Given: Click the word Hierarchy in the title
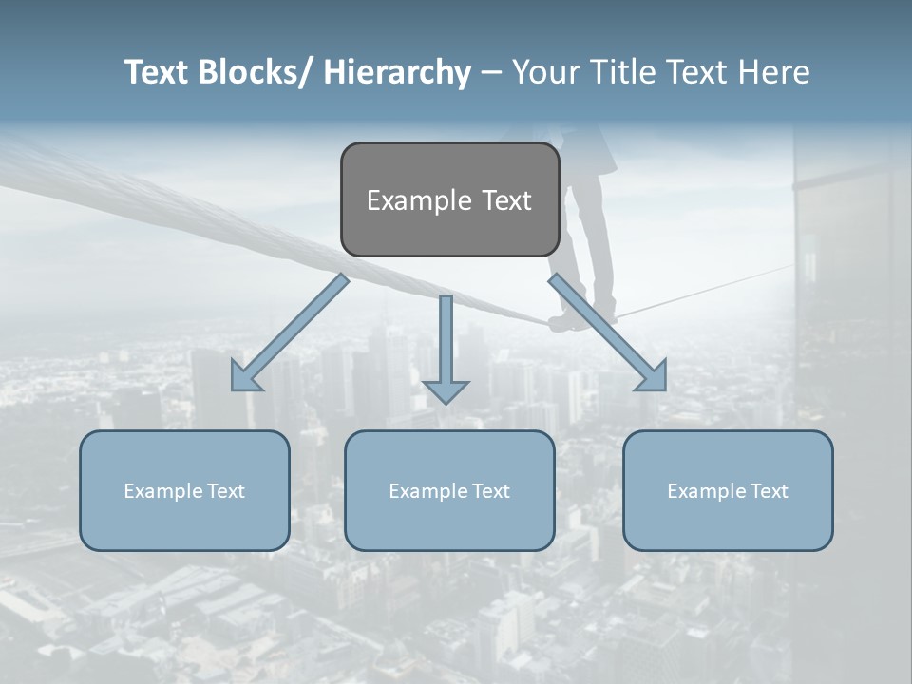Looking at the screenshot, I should [x=397, y=72].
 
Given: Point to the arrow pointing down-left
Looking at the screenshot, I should [x=290, y=332].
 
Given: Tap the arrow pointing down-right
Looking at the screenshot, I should [x=608, y=332].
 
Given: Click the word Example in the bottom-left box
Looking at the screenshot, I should [x=163, y=491].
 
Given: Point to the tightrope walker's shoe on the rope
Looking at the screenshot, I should [x=568, y=324].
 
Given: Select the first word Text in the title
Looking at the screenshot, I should [x=159, y=72].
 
